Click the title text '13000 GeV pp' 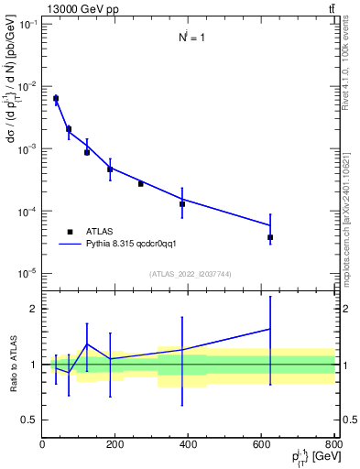(78, 9)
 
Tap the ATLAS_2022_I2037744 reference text (188, 274)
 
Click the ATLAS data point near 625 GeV (270, 237)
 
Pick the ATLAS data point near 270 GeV (141, 183)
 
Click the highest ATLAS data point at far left (56, 98)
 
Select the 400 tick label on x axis (189, 444)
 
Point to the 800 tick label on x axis (334, 444)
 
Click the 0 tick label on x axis (42, 444)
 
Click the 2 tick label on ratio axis (33, 309)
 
